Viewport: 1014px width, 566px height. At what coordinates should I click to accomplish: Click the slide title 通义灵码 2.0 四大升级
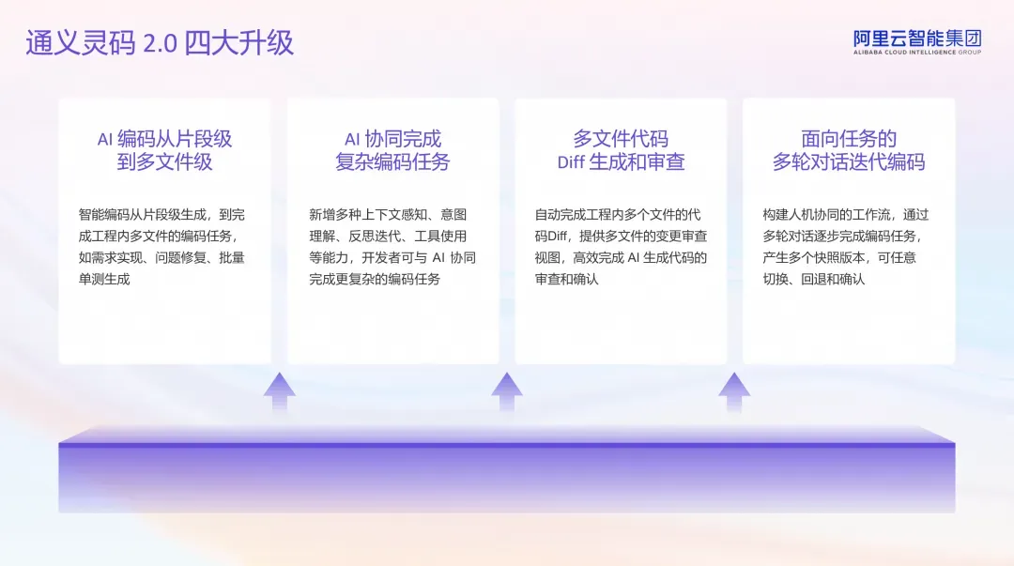160,43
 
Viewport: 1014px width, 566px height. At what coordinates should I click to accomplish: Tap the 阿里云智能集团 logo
916,38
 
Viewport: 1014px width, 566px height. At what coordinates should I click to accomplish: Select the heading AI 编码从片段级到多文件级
164,150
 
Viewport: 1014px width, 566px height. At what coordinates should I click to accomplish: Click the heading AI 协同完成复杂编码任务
392,150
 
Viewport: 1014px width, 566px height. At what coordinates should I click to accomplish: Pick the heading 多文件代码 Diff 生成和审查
621,150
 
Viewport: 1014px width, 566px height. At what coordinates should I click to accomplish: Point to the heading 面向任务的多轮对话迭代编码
848,150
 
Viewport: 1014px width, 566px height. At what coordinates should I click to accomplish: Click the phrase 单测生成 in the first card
104,279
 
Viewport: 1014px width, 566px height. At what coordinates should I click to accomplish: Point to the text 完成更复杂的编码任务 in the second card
375,279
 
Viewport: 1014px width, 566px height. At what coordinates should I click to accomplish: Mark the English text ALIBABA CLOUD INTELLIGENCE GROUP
916,53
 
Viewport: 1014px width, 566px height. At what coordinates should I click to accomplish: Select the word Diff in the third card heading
571,162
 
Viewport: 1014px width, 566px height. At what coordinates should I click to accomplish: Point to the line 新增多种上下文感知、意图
388,214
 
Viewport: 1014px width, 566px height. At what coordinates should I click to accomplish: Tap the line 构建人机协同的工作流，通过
845,214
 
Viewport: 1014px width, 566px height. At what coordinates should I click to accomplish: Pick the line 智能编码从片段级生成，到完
161,214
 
